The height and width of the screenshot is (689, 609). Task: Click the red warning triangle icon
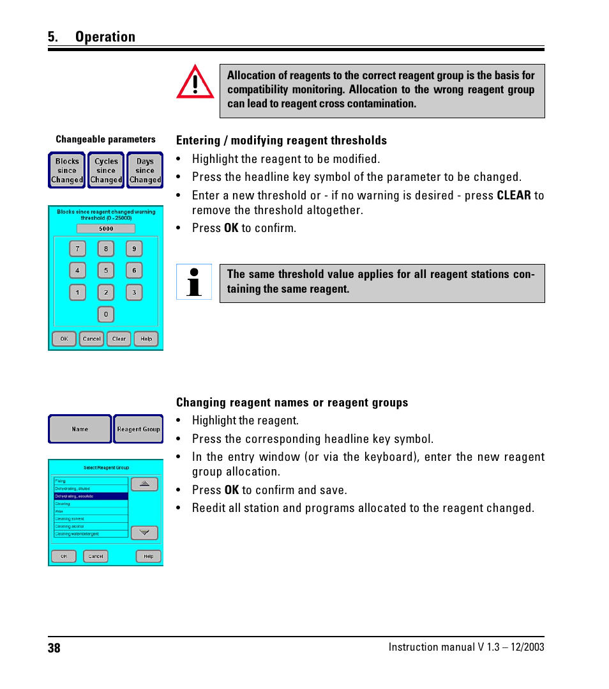click(x=195, y=82)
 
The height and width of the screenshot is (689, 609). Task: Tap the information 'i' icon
click(x=194, y=282)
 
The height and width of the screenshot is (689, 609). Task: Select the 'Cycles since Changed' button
click(x=106, y=171)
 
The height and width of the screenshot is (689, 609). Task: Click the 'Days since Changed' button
click(x=145, y=171)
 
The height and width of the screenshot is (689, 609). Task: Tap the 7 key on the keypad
click(x=78, y=249)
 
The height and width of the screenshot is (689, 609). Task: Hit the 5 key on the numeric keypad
click(x=106, y=270)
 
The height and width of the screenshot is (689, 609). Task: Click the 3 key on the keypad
click(x=134, y=293)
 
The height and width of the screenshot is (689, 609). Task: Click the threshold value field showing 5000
click(x=106, y=228)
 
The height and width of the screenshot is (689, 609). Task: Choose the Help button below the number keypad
click(x=146, y=339)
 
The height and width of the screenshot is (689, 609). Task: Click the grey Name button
click(x=80, y=429)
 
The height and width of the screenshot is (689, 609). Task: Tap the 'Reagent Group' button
click(x=139, y=429)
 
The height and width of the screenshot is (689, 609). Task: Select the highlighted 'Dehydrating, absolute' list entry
click(x=91, y=496)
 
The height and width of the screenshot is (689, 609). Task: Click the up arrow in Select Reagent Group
click(x=144, y=484)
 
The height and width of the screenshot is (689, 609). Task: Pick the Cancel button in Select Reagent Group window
click(x=96, y=556)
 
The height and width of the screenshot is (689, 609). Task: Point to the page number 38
click(x=54, y=648)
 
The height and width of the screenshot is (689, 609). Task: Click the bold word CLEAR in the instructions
click(x=514, y=195)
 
